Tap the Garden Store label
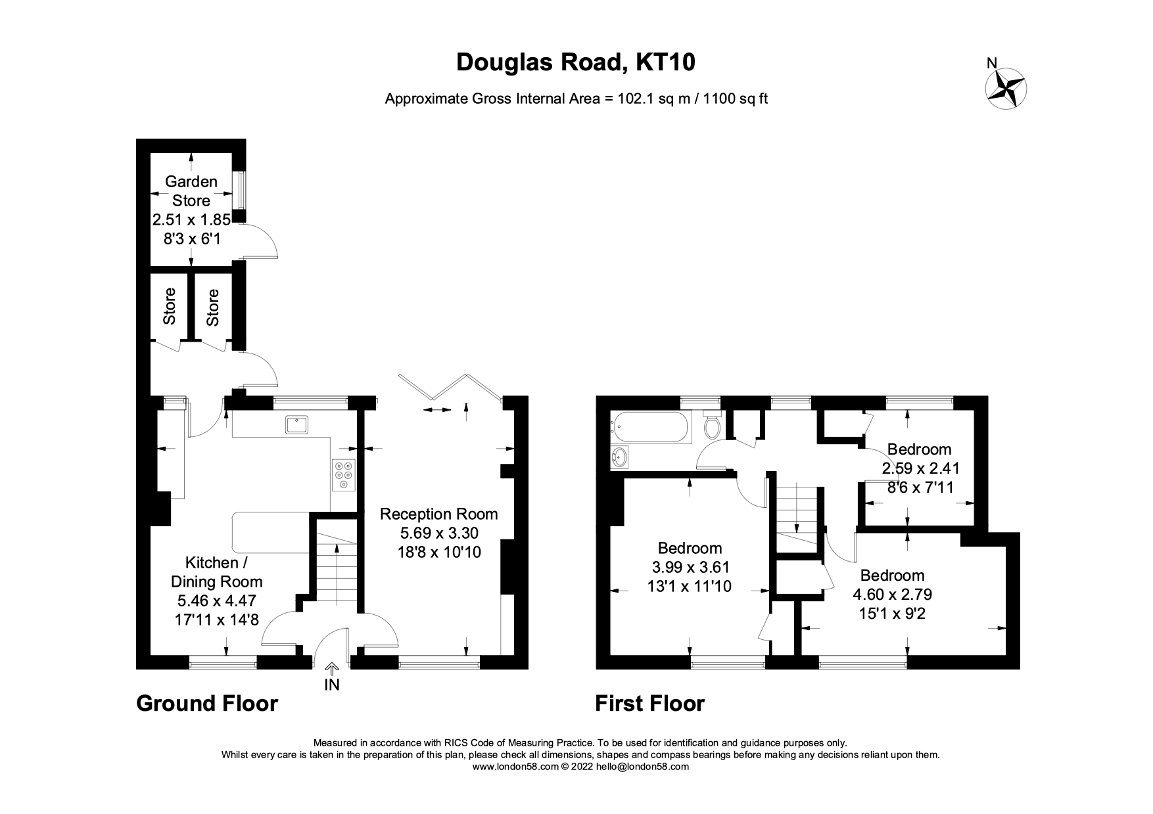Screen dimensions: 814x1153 click(x=191, y=191)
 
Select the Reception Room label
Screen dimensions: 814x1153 click(x=438, y=514)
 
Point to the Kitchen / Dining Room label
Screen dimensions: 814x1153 click(x=216, y=572)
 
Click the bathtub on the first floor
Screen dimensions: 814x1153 click(x=649, y=427)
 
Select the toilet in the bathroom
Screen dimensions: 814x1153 click(x=712, y=425)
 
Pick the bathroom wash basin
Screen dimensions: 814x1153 click(x=619, y=457)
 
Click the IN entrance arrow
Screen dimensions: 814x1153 click(x=332, y=677)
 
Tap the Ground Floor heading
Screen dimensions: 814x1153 click(x=207, y=704)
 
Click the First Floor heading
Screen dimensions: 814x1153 click(x=649, y=704)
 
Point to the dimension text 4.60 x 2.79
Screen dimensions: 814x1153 click(x=892, y=595)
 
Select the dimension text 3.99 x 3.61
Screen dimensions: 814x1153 click(x=690, y=567)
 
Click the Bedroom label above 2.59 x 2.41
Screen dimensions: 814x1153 click(x=919, y=449)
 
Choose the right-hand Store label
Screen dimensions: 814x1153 click(x=212, y=307)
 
